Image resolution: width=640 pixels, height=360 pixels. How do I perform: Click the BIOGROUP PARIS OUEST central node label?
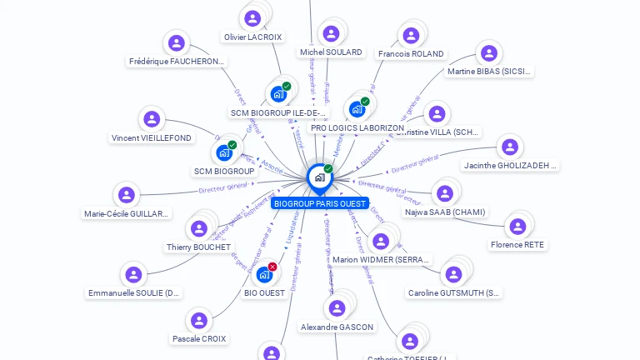319,203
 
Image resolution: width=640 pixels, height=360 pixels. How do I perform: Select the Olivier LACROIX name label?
252,37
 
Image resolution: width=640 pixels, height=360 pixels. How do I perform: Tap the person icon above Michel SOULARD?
331,33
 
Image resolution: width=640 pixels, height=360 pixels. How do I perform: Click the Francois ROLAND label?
411,54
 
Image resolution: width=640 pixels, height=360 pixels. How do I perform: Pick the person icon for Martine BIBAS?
489,53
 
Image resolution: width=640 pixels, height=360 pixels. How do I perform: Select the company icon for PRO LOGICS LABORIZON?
357,108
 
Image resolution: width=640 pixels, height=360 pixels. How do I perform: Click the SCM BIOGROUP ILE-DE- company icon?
279,93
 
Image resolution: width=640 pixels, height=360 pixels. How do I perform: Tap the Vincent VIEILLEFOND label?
151,138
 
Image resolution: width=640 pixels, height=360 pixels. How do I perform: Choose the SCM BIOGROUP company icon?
224,152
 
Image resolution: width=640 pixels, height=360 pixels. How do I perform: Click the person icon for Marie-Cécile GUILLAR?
127,195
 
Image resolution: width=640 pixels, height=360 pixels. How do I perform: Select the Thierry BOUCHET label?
198,247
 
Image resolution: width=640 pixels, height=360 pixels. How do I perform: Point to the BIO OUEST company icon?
264,274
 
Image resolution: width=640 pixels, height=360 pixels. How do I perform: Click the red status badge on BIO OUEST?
272,267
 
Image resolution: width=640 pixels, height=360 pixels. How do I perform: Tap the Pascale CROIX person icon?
199,320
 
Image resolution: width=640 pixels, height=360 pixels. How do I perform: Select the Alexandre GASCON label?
337,327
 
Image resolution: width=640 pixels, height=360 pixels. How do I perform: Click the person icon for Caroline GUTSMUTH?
453,274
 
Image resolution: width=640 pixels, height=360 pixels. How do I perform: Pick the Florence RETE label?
517,245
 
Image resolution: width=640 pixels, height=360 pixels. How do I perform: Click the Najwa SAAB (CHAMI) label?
444,212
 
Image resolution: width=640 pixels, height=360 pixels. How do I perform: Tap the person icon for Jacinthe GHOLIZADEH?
510,147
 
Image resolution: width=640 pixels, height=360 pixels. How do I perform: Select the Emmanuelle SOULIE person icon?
133,274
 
